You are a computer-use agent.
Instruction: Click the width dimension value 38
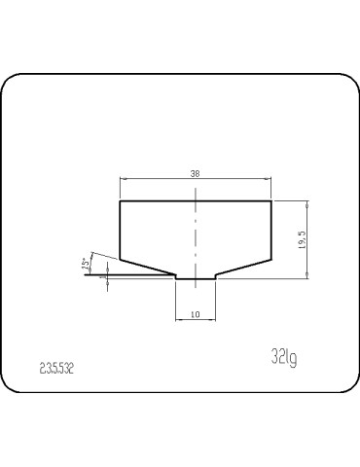click(x=196, y=172)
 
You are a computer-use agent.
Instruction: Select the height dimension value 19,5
click(x=304, y=239)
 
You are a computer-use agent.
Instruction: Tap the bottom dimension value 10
click(x=196, y=314)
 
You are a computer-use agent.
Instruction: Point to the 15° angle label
click(x=87, y=264)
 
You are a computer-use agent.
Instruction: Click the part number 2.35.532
click(x=57, y=369)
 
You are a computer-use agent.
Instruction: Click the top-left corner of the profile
click(x=120, y=201)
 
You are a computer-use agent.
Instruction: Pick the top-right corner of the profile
click(x=271, y=201)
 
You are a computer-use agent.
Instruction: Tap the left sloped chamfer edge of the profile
click(x=147, y=268)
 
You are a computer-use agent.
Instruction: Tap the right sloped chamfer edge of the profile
click(x=244, y=268)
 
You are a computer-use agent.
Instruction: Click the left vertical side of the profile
click(x=120, y=230)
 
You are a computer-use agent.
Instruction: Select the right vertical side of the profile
click(x=271, y=230)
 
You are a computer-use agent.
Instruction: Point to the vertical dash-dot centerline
click(x=196, y=233)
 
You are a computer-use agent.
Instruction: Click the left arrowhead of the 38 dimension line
click(x=122, y=179)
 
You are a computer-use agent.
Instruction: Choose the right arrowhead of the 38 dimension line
click(x=270, y=179)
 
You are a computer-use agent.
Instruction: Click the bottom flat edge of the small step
click(x=196, y=279)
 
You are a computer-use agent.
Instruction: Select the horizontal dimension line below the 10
click(x=196, y=321)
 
